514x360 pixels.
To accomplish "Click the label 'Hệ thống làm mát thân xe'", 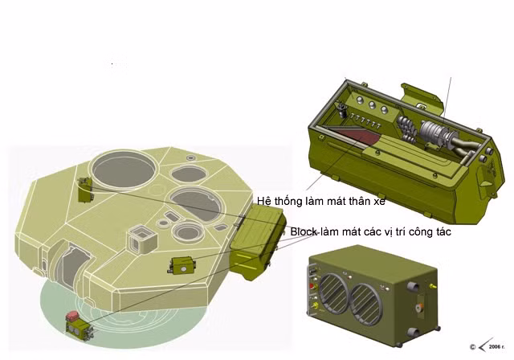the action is tap(321, 201).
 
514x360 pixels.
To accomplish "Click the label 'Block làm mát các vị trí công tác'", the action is tap(371, 231).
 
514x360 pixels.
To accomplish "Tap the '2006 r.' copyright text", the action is tap(496, 347).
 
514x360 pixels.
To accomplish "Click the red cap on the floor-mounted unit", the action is tap(72, 316).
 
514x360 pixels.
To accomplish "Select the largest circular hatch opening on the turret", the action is tap(124, 170).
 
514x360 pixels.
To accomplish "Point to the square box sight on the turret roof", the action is tap(142, 238).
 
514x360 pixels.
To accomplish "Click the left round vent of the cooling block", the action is tap(334, 292).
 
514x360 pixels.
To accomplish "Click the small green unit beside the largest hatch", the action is tap(86, 190).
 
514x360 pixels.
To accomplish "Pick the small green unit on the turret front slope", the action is tap(182, 265).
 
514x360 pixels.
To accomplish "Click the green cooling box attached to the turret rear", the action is tap(257, 241).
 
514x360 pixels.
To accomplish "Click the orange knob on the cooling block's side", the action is tap(418, 308).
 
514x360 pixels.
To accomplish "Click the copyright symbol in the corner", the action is tap(472, 347).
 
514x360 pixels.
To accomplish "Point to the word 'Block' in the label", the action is tap(304, 231).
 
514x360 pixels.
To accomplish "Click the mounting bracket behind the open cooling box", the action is tap(423, 96).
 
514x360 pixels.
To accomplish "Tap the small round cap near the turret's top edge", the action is tap(190, 158).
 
